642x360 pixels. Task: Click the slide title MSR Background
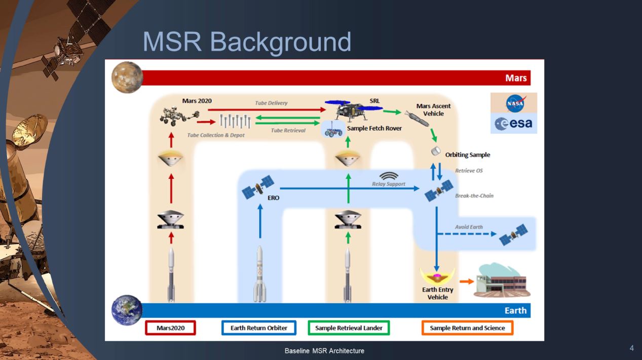tap(247, 42)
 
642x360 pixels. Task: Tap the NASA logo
tap(514, 103)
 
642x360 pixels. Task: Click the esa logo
tap(514, 123)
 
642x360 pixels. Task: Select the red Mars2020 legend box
tap(170, 328)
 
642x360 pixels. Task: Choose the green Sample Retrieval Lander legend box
tap(349, 328)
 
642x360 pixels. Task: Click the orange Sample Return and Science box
tap(467, 328)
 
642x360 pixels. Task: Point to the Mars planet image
tap(127, 78)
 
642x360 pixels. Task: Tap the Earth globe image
tap(127, 310)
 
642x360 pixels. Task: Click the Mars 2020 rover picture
tap(175, 116)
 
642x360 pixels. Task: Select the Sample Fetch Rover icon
tap(333, 129)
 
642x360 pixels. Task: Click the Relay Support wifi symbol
tap(389, 175)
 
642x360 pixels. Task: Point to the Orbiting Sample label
tap(467, 155)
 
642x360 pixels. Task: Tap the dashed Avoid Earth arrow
tap(466, 234)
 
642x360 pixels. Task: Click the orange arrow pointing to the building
tap(466, 280)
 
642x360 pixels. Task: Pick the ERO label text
tap(273, 198)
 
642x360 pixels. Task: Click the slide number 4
tap(631, 348)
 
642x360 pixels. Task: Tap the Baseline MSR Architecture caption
tap(324, 351)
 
